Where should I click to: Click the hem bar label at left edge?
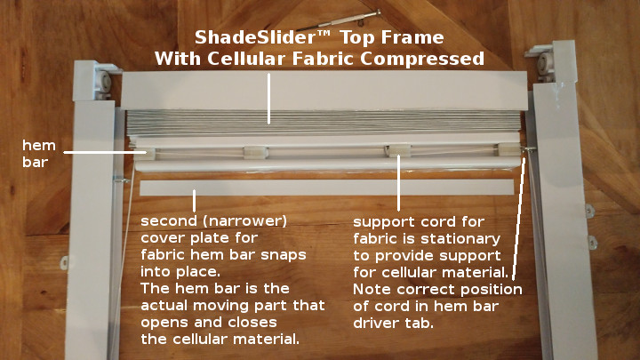click(x=39, y=153)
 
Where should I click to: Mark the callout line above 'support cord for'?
click(x=398, y=183)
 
